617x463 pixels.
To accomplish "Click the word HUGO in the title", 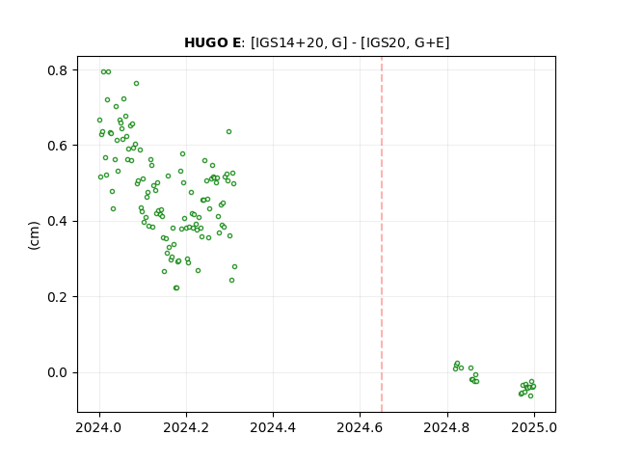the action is coord(206,42).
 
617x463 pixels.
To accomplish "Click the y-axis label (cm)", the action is coord(35,235).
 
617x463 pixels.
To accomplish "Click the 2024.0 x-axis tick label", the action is coord(99,427).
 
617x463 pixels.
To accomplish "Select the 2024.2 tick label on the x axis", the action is coord(186,427).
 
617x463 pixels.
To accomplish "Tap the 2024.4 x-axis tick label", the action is coord(273,427).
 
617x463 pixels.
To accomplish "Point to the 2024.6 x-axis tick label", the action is coord(360,427).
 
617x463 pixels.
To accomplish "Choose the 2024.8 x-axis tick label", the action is coord(447,427).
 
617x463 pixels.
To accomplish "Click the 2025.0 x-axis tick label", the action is coord(534,427).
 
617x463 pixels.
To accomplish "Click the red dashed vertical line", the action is coord(382,234).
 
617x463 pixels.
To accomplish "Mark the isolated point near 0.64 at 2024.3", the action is coord(228,131).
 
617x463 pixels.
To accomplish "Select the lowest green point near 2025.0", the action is coord(530,395).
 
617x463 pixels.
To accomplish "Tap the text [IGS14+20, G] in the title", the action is coord(299,42).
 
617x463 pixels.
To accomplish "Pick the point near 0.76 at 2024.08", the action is coord(136,84).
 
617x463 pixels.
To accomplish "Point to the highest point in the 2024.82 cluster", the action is coord(457,364).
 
